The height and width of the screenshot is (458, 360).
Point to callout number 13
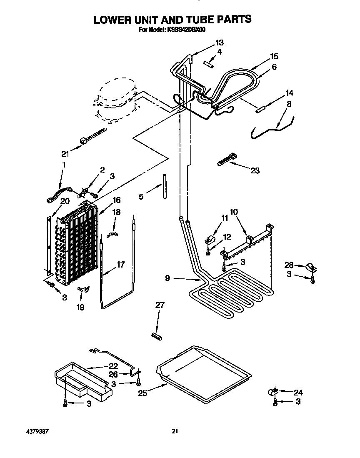coord(219,42)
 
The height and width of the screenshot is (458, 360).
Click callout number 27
coord(159,305)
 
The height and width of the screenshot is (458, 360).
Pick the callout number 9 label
coord(167,278)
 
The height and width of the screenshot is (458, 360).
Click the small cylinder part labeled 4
coord(209,63)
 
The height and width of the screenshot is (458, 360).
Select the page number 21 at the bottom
coord(175,431)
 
